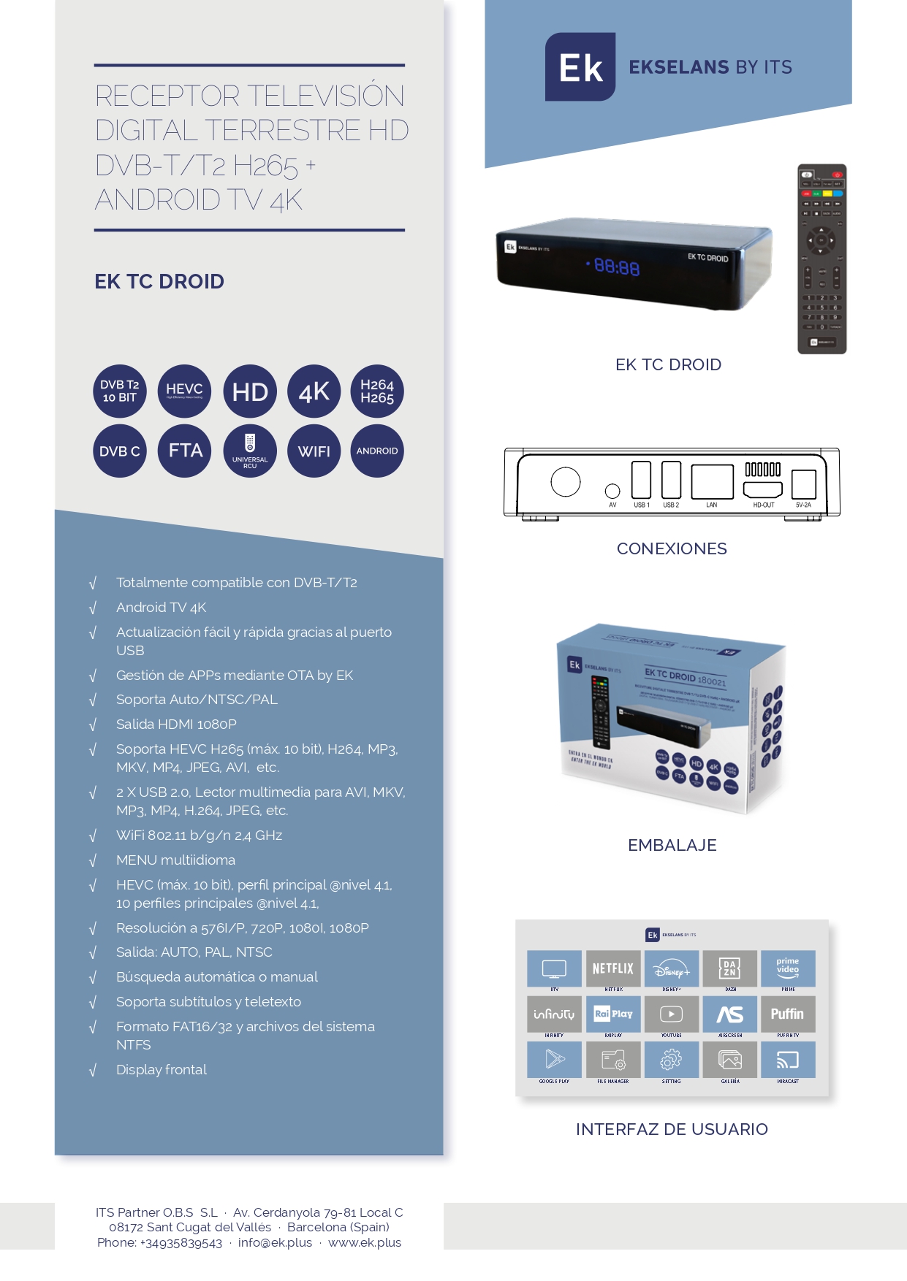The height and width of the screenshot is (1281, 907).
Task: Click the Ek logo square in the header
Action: [580, 67]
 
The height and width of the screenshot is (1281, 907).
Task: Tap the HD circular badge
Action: [250, 391]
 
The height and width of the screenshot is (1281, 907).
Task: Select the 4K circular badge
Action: [314, 391]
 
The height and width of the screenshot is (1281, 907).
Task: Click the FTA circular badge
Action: [185, 451]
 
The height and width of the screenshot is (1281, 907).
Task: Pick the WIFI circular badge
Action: [314, 451]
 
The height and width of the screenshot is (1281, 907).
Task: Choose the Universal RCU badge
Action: [250, 451]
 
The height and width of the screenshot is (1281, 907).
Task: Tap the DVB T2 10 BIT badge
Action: [120, 391]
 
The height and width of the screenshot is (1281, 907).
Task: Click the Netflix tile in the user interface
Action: [613, 968]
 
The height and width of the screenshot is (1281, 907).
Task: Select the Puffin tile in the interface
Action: [787, 1014]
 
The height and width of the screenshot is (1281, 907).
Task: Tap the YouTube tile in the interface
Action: [671, 1014]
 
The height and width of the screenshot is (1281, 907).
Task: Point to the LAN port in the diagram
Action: [712, 481]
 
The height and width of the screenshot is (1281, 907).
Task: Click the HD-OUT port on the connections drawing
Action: [763, 489]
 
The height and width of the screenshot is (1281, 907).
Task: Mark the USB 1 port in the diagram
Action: [641, 480]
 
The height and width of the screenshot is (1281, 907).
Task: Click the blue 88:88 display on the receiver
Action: [617, 267]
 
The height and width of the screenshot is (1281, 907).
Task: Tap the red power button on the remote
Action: [838, 175]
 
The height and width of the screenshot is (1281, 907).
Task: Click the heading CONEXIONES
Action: [672, 548]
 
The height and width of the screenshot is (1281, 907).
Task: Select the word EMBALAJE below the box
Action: [672, 845]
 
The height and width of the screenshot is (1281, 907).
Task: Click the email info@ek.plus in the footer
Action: [275, 1242]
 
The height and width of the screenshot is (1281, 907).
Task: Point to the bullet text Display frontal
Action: [162, 1069]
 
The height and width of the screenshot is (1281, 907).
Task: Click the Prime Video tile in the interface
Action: [787, 968]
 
